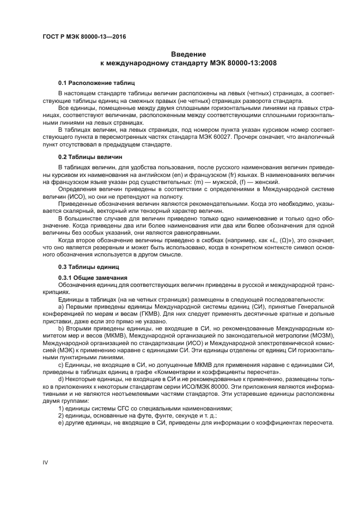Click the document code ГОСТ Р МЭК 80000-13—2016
(80, 36)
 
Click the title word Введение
(188, 54)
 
